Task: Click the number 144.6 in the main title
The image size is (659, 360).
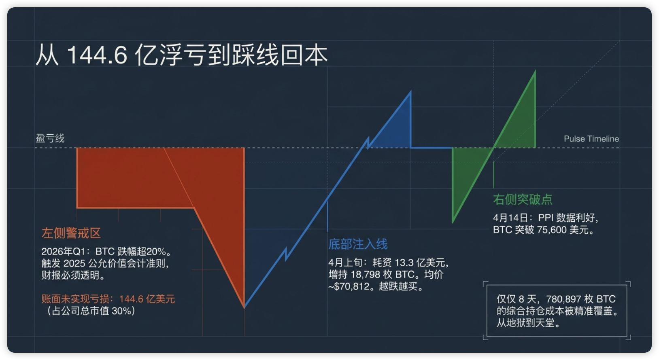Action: click(97, 55)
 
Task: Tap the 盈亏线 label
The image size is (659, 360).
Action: click(50, 138)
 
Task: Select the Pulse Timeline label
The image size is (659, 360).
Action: click(591, 139)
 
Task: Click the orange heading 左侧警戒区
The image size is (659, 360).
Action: click(71, 233)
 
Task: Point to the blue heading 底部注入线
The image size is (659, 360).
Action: click(358, 244)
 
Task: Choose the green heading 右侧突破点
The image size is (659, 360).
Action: click(523, 199)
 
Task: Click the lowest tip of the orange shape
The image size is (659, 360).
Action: click(244, 308)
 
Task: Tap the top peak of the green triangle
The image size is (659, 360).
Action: click(535, 70)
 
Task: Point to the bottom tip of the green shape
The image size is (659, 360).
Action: click(453, 222)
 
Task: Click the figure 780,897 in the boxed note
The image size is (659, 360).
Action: click(563, 299)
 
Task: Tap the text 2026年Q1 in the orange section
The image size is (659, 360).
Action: click(64, 252)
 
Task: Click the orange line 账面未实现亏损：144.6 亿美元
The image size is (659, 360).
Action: click(108, 299)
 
